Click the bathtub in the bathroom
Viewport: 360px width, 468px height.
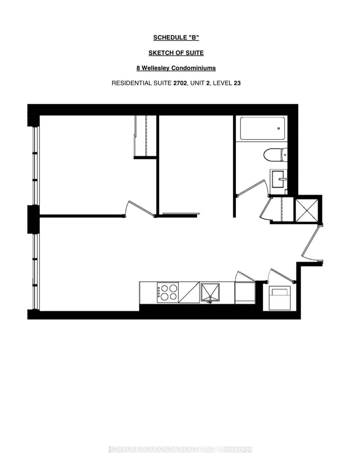point(262,128)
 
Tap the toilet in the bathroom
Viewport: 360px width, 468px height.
point(275,155)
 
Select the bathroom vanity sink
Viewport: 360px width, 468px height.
point(278,179)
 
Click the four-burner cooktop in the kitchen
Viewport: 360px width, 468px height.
point(167,293)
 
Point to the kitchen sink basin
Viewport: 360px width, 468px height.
point(210,292)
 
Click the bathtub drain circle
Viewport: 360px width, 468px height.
point(279,128)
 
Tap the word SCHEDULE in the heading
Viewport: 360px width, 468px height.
point(169,38)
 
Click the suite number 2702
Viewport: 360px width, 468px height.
point(180,83)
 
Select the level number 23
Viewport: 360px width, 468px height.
point(237,83)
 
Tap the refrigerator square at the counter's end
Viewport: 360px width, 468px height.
point(245,293)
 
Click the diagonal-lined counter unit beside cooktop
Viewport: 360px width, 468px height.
point(189,293)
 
